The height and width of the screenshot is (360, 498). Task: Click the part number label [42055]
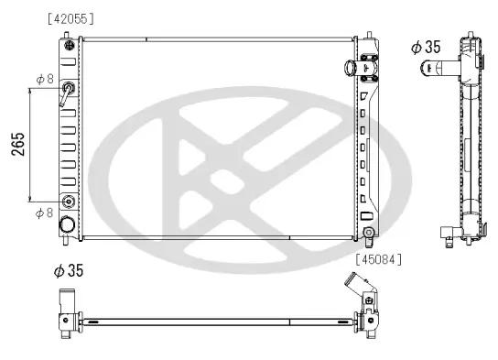(x=70, y=18)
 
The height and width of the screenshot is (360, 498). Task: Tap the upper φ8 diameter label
(x=43, y=80)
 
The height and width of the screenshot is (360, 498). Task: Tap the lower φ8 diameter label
(x=43, y=213)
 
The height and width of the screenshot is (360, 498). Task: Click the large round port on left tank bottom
(x=68, y=224)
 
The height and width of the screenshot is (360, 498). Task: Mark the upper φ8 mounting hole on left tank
(x=68, y=89)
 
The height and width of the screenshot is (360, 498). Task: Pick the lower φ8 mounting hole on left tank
(x=68, y=202)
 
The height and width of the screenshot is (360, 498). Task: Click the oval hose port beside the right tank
(x=350, y=69)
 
